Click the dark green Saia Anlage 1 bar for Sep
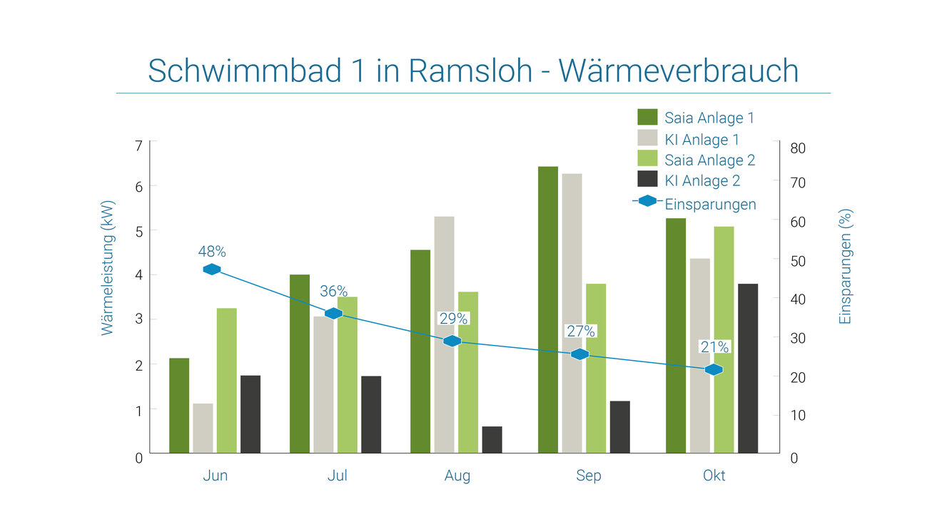tap(548, 309)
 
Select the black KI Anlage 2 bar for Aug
tap(492, 440)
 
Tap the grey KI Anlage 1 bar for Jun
tap(203, 428)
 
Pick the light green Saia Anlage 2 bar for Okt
tap(724, 339)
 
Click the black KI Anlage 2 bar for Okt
tap(748, 368)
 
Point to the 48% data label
tap(212, 252)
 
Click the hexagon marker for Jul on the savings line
tap(333, 314)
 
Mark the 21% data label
tap(714, 347)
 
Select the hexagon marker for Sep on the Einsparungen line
tap(580, 354)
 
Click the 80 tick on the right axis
tap(798, 148)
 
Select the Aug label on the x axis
tap(457, 476)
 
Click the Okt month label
tap(714, 476)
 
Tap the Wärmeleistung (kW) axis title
tap(108, 267)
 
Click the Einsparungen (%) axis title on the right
tap(846, 267)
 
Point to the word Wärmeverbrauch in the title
tap(678, 71)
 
